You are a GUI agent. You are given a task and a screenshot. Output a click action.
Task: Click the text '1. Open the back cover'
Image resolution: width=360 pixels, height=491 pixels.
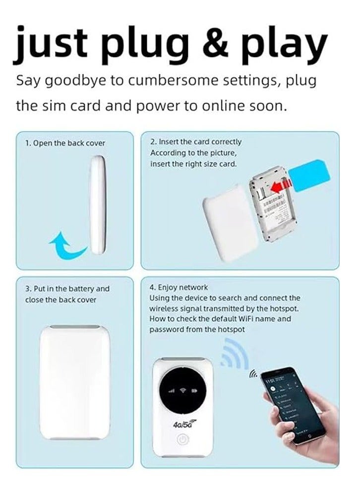tap(65, 143)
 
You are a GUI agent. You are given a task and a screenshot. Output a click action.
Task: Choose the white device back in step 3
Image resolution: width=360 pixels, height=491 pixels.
tap(74, 383)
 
